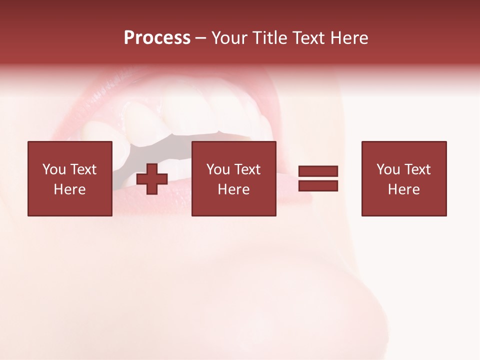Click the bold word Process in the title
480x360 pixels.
pyautogui.click(x=157, y=38)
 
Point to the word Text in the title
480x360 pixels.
pyautogui.click(x=308, y=38)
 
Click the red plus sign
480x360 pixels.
pyautogui.click(x=152, y=179)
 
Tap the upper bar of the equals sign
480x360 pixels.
pyautogui.click(x=318, y=171)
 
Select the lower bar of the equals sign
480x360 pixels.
pyautogui.click(x=318, y=186)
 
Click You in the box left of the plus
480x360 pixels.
pyautogui.click(x=53, y=169)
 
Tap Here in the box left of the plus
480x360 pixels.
pyautogui.click(x=69, y=189)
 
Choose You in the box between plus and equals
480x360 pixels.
pyautogui.click(x=218, y=169)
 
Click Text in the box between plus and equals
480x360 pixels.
pyautogui.click(x=247, y=169)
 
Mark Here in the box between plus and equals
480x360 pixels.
pyautogui.click(x=233, y=189)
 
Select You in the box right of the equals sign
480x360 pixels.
pyautogui.click(x=388, y=169)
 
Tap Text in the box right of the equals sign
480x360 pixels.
pyautogui.click(x=417, y=169)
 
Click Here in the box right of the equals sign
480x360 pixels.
pyautogui.click(x=403, y=189)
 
